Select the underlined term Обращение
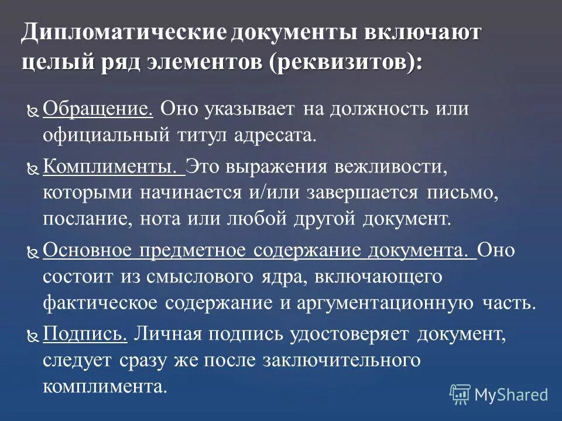coord(98,109)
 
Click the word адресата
coord(275,136)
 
